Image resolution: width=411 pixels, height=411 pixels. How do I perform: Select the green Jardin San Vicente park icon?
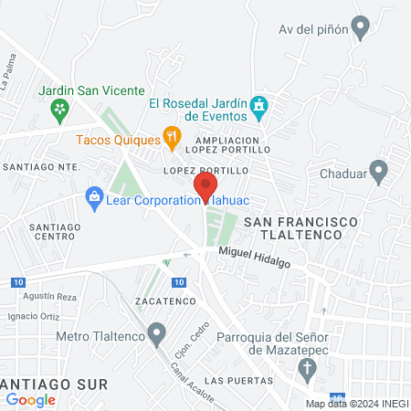pos(60,111)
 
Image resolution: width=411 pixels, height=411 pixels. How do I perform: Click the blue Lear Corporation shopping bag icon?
pos(93,195)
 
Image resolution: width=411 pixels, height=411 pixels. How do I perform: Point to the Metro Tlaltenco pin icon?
pos(158,331)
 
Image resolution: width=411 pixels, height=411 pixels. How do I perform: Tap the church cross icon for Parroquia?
pos(310,370)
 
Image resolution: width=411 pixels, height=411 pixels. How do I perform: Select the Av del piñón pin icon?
pos(361,28)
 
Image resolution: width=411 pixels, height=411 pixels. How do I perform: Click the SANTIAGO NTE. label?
pos(41,167)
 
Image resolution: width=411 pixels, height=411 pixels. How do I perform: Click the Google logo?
pos(31,399)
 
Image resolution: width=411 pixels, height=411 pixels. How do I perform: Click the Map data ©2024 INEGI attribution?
pos(356,404)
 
